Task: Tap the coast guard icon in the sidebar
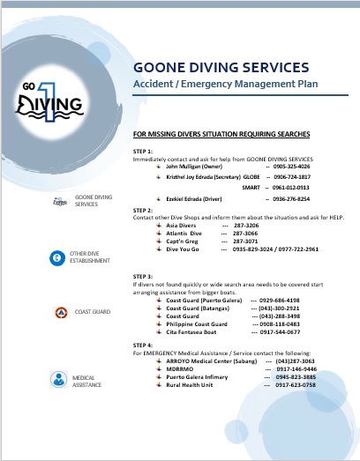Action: point(59,311)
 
